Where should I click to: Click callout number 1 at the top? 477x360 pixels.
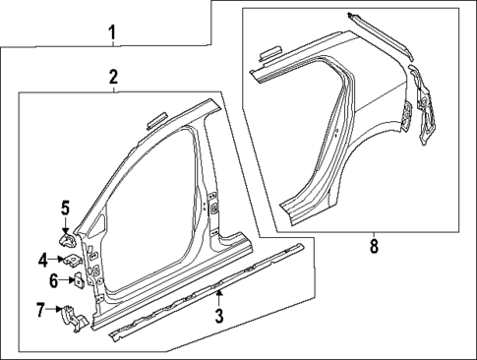click(x=113, y=35)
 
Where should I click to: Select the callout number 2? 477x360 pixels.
click(x=114, y=77)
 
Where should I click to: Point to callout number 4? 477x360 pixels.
click(x=43, y=261)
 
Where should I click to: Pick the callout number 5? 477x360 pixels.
click(x=64, y=208)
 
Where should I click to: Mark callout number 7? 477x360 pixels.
click(x=41, y=312)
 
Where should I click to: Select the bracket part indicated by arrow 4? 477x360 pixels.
click(x=71, y=261)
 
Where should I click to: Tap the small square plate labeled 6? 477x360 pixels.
click(x=76, y=280)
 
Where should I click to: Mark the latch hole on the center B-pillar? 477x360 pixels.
click(x=212, y=209)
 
